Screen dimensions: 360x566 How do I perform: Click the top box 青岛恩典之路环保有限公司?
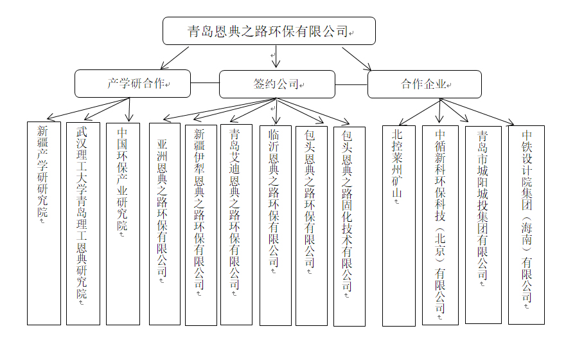(x=269, y=31)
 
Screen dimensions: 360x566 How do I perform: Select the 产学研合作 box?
(x=132, y=84)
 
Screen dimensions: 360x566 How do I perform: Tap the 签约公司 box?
(x=277, y=84)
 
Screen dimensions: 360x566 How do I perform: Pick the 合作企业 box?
(x=424, y=84)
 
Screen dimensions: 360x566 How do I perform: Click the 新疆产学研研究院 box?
(x=43, y=222)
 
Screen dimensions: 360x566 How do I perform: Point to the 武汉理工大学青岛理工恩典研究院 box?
(x=83, y=222)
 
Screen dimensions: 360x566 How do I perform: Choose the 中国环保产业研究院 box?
(x=123, y=222)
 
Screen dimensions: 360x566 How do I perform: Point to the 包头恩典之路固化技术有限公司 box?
(x=349, y=226)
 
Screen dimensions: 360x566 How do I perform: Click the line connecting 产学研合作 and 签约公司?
(x=205, y=83)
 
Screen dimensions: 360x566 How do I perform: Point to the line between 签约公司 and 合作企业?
(x=351, y=84)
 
